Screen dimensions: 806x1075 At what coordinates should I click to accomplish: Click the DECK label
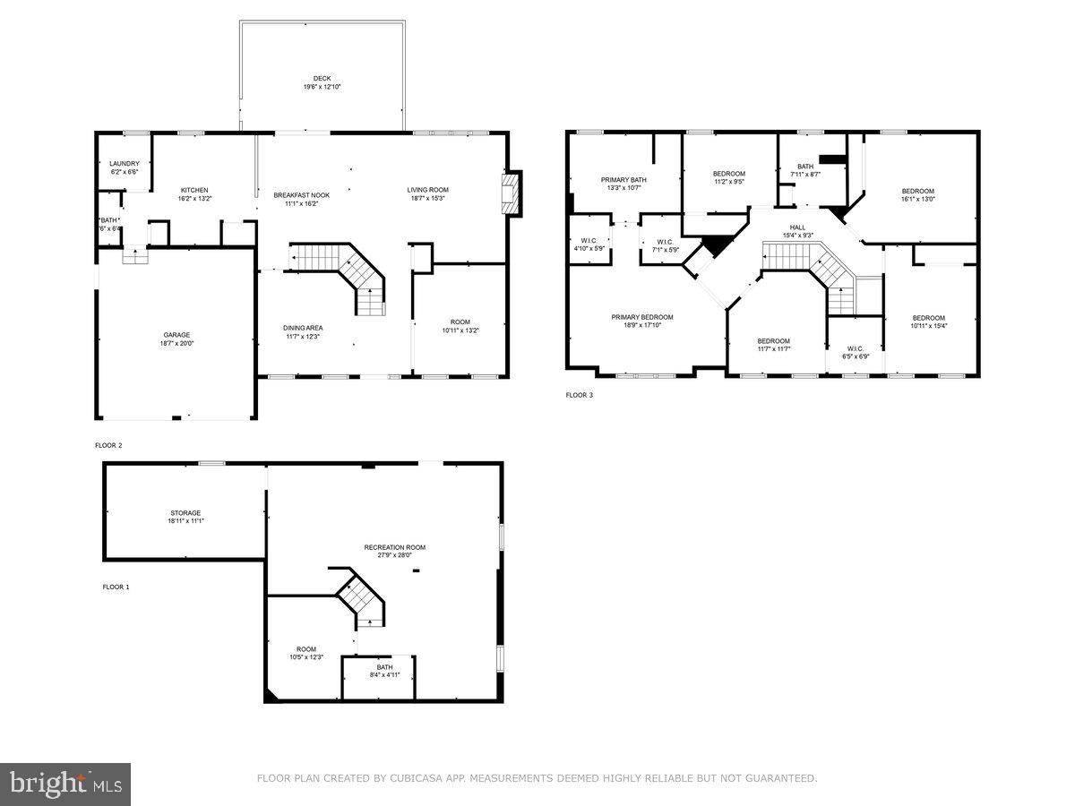point(322,79)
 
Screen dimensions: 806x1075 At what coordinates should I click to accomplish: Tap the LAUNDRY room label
point(125,163)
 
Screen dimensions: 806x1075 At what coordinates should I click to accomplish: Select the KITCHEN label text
point(194,190)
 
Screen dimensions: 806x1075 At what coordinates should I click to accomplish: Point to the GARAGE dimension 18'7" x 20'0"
point(176,343)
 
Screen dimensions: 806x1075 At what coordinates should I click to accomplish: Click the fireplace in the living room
point(511,193)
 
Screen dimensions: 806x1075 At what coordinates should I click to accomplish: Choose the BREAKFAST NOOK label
point(301,195)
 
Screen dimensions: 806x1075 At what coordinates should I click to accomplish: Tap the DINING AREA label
point(303,328)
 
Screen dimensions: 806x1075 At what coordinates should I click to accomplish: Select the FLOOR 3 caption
point(579,395)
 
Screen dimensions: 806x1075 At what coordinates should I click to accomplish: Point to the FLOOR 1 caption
point(116,587)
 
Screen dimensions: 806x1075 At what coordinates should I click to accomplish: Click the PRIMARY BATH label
point(623,180)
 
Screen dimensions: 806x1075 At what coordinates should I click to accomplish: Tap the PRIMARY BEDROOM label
point(641,317)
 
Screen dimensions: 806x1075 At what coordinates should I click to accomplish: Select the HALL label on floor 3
point(797,227)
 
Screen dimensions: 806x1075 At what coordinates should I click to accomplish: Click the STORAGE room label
point(185,513)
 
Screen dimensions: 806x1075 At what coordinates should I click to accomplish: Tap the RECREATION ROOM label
point(394,547)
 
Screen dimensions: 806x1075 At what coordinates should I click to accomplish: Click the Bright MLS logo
point(65,785)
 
